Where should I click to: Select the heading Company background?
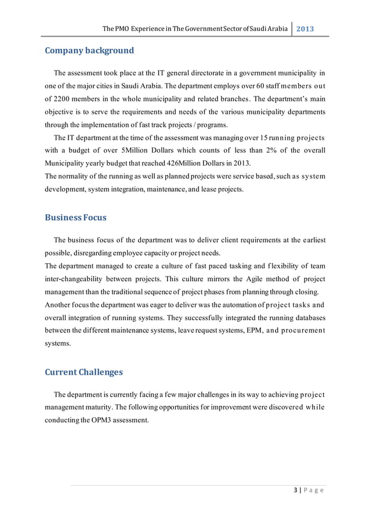click(x=89, y=51)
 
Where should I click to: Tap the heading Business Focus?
click(x=75, y=217)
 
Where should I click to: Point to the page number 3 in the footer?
click(x=296, y=491)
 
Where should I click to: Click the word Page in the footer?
click(x=313, y=491)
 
